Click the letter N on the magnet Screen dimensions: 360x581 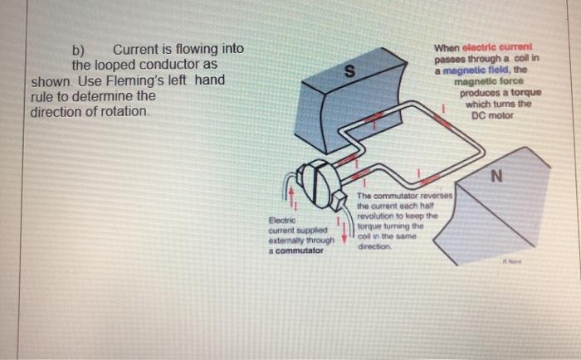pos(496,175)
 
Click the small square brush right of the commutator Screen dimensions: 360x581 pos(339,200)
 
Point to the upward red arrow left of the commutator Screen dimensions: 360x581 pos(290,198)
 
